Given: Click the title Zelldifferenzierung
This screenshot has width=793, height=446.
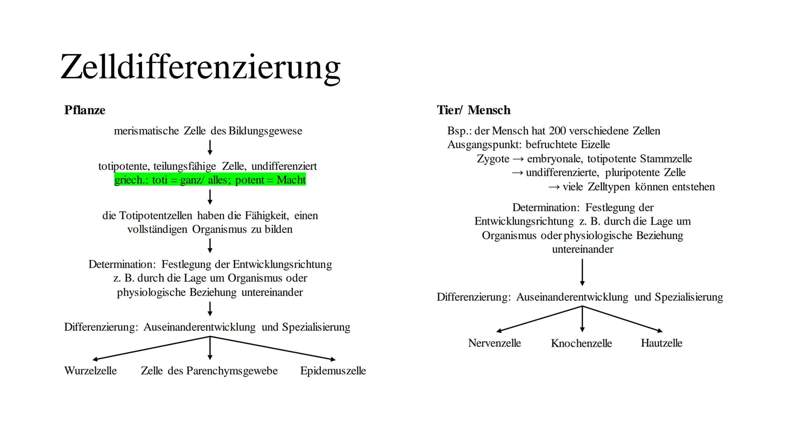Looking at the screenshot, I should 200,67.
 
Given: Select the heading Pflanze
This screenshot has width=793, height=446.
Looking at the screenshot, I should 85,110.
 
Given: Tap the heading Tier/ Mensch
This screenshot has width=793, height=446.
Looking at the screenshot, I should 473,110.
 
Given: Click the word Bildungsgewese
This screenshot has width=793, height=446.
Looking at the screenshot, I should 265,131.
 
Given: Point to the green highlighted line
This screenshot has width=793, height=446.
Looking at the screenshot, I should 210,180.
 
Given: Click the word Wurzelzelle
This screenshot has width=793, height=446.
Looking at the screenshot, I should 90,371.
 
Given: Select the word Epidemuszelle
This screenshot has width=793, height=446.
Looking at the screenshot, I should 333,371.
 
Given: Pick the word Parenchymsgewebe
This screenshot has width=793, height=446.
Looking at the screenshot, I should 232,371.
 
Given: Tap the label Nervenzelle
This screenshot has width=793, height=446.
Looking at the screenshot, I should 494,343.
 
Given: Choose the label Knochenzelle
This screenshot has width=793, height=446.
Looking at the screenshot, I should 581,343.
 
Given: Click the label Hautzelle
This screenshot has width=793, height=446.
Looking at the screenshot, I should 661,343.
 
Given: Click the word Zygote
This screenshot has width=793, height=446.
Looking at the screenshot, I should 493,159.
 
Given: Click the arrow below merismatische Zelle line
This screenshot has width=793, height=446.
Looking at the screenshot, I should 210,147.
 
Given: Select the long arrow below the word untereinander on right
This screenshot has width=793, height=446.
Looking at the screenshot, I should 582,272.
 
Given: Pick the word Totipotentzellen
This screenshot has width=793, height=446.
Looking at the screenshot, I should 156,216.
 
